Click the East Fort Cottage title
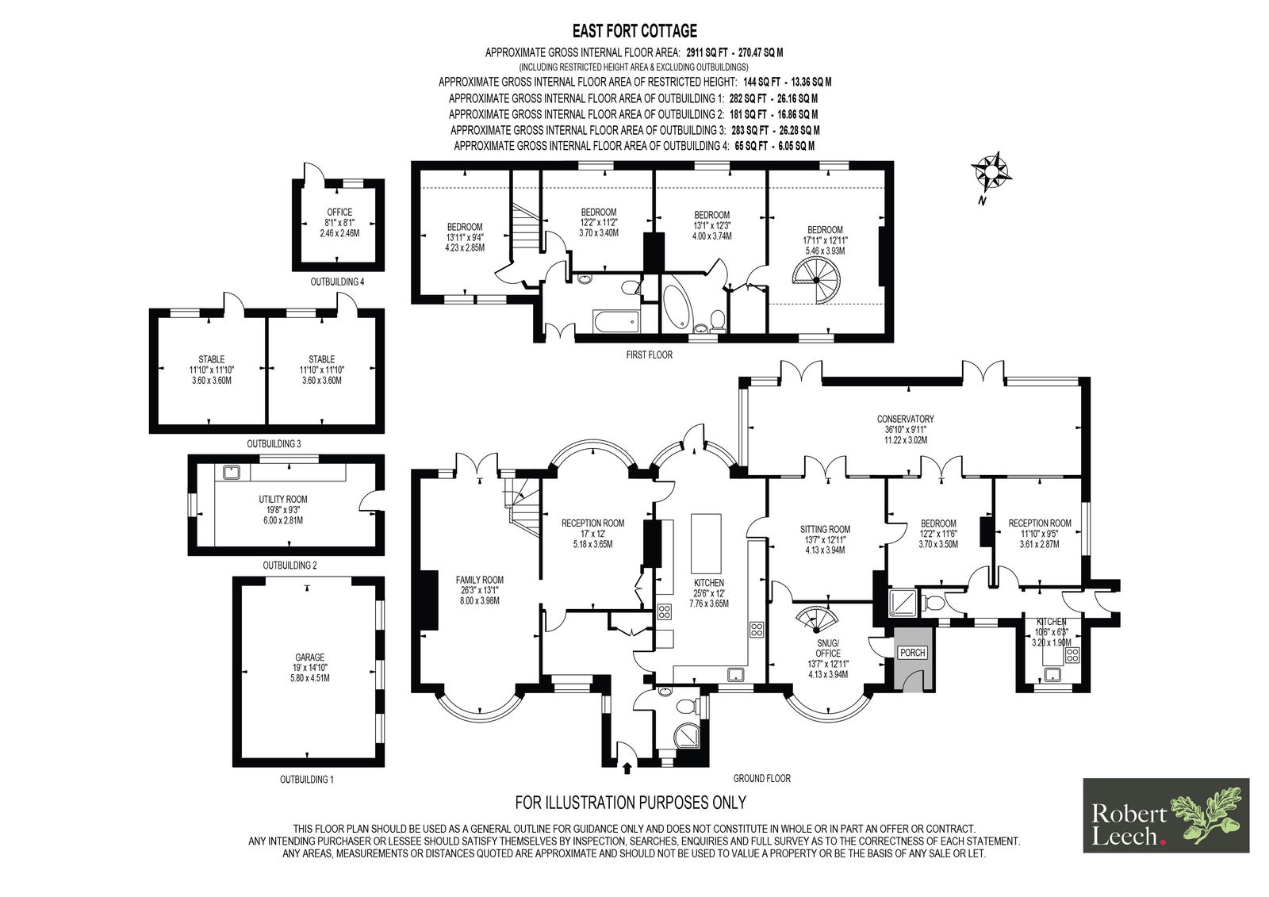pyautogui.click(x=634, y=31)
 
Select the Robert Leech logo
pyautogui.click(x=1166, y=815)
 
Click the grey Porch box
pyautogui.click(x=912, y=652)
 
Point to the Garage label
pyautogui.click(x=309, y=657)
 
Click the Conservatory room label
pyautogui.click(x=905, y=419)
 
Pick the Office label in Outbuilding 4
pyautogui.click(x=339, y=213)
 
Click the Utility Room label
pyautogui.click(x=283, y=500)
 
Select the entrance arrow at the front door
pyautogui.click(x=628, y=768)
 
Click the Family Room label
pyautogui.click(x=479, y=580)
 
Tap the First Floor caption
pyautogui.click(x=649, y=355)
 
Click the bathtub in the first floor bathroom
pyautogui.click(x=615, y=321)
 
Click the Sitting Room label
pyautogui.click(x=825, y=529)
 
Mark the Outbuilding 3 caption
pyautogui.click(x=273, y=444)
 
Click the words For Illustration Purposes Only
pyautogui.click(x=631, y=802)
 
